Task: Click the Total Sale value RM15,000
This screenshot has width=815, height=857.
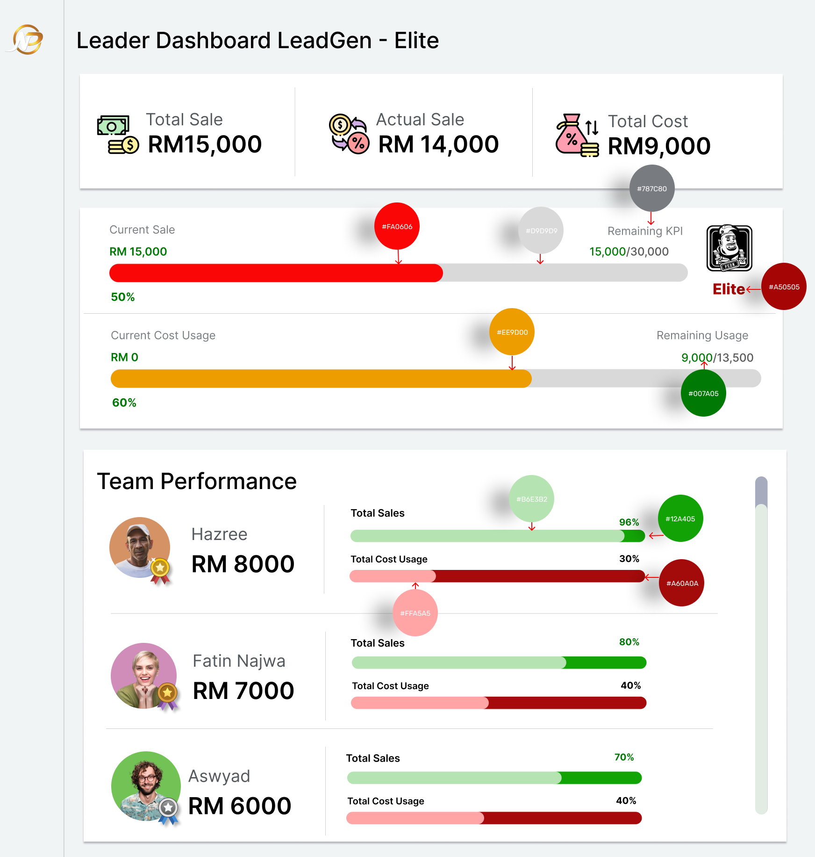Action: (x=205, y=144)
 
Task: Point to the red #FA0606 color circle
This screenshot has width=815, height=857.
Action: (x=397, y=226)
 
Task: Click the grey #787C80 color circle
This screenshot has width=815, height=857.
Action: (x=652, y=188)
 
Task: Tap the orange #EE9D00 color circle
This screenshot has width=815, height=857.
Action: (x=512, y=332)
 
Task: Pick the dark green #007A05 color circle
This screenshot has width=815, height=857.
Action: (x=703, y=393)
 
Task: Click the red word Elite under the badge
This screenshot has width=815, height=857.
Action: (x=729, y=289)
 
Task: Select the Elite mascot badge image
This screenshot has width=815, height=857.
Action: (x=729, y=248)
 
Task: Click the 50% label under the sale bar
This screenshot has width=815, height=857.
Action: (x=123, y=297)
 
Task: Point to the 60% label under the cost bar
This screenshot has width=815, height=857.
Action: (x=124, y=403)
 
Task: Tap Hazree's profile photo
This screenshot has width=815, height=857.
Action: (x=140, y=547)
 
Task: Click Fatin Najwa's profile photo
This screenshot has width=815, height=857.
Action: (x=144, y=676)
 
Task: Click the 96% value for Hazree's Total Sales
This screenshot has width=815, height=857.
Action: (x=629, y=522)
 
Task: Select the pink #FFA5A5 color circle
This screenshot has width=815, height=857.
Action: (x=415, y=613)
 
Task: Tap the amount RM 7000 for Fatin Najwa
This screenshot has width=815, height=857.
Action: (x=243, y=691)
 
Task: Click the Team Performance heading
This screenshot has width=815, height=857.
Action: (x=197, y=481)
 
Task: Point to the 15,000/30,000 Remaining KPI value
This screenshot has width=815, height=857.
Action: (x=629, y=252)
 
